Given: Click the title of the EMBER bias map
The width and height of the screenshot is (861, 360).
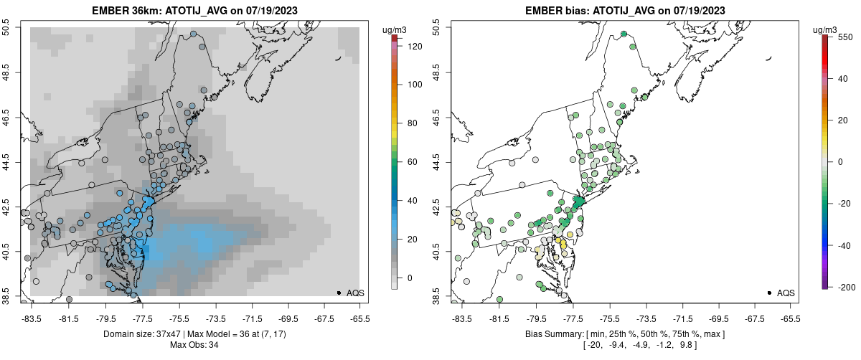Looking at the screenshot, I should pyautogui.click(x=624, y=10).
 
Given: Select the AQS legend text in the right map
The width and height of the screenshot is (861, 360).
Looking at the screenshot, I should pyautogui.click(x=786, y=293).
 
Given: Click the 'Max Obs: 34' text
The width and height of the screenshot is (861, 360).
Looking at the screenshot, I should pyautogui.click(x=194, y=345).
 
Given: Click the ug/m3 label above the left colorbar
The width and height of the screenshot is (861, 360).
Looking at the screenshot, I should pyautogui.click(x=395, y=29).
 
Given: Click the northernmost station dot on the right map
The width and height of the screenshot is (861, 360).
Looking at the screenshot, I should pyautogui.click(x=624, y=34).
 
